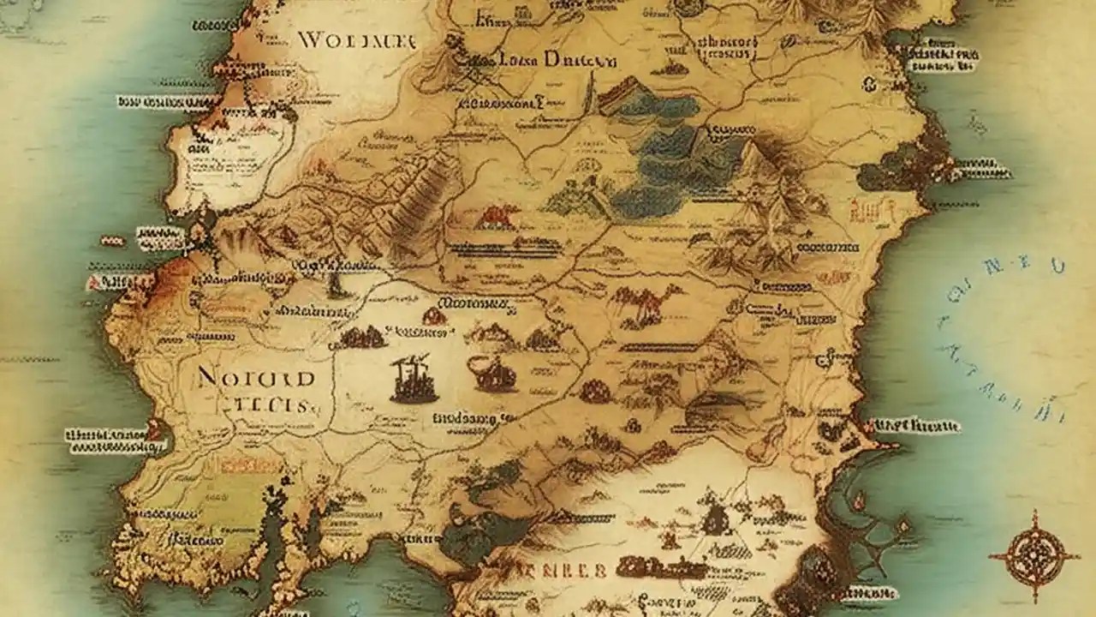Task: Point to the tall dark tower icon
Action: click(413, 379)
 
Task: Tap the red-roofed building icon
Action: click(496, 217)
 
